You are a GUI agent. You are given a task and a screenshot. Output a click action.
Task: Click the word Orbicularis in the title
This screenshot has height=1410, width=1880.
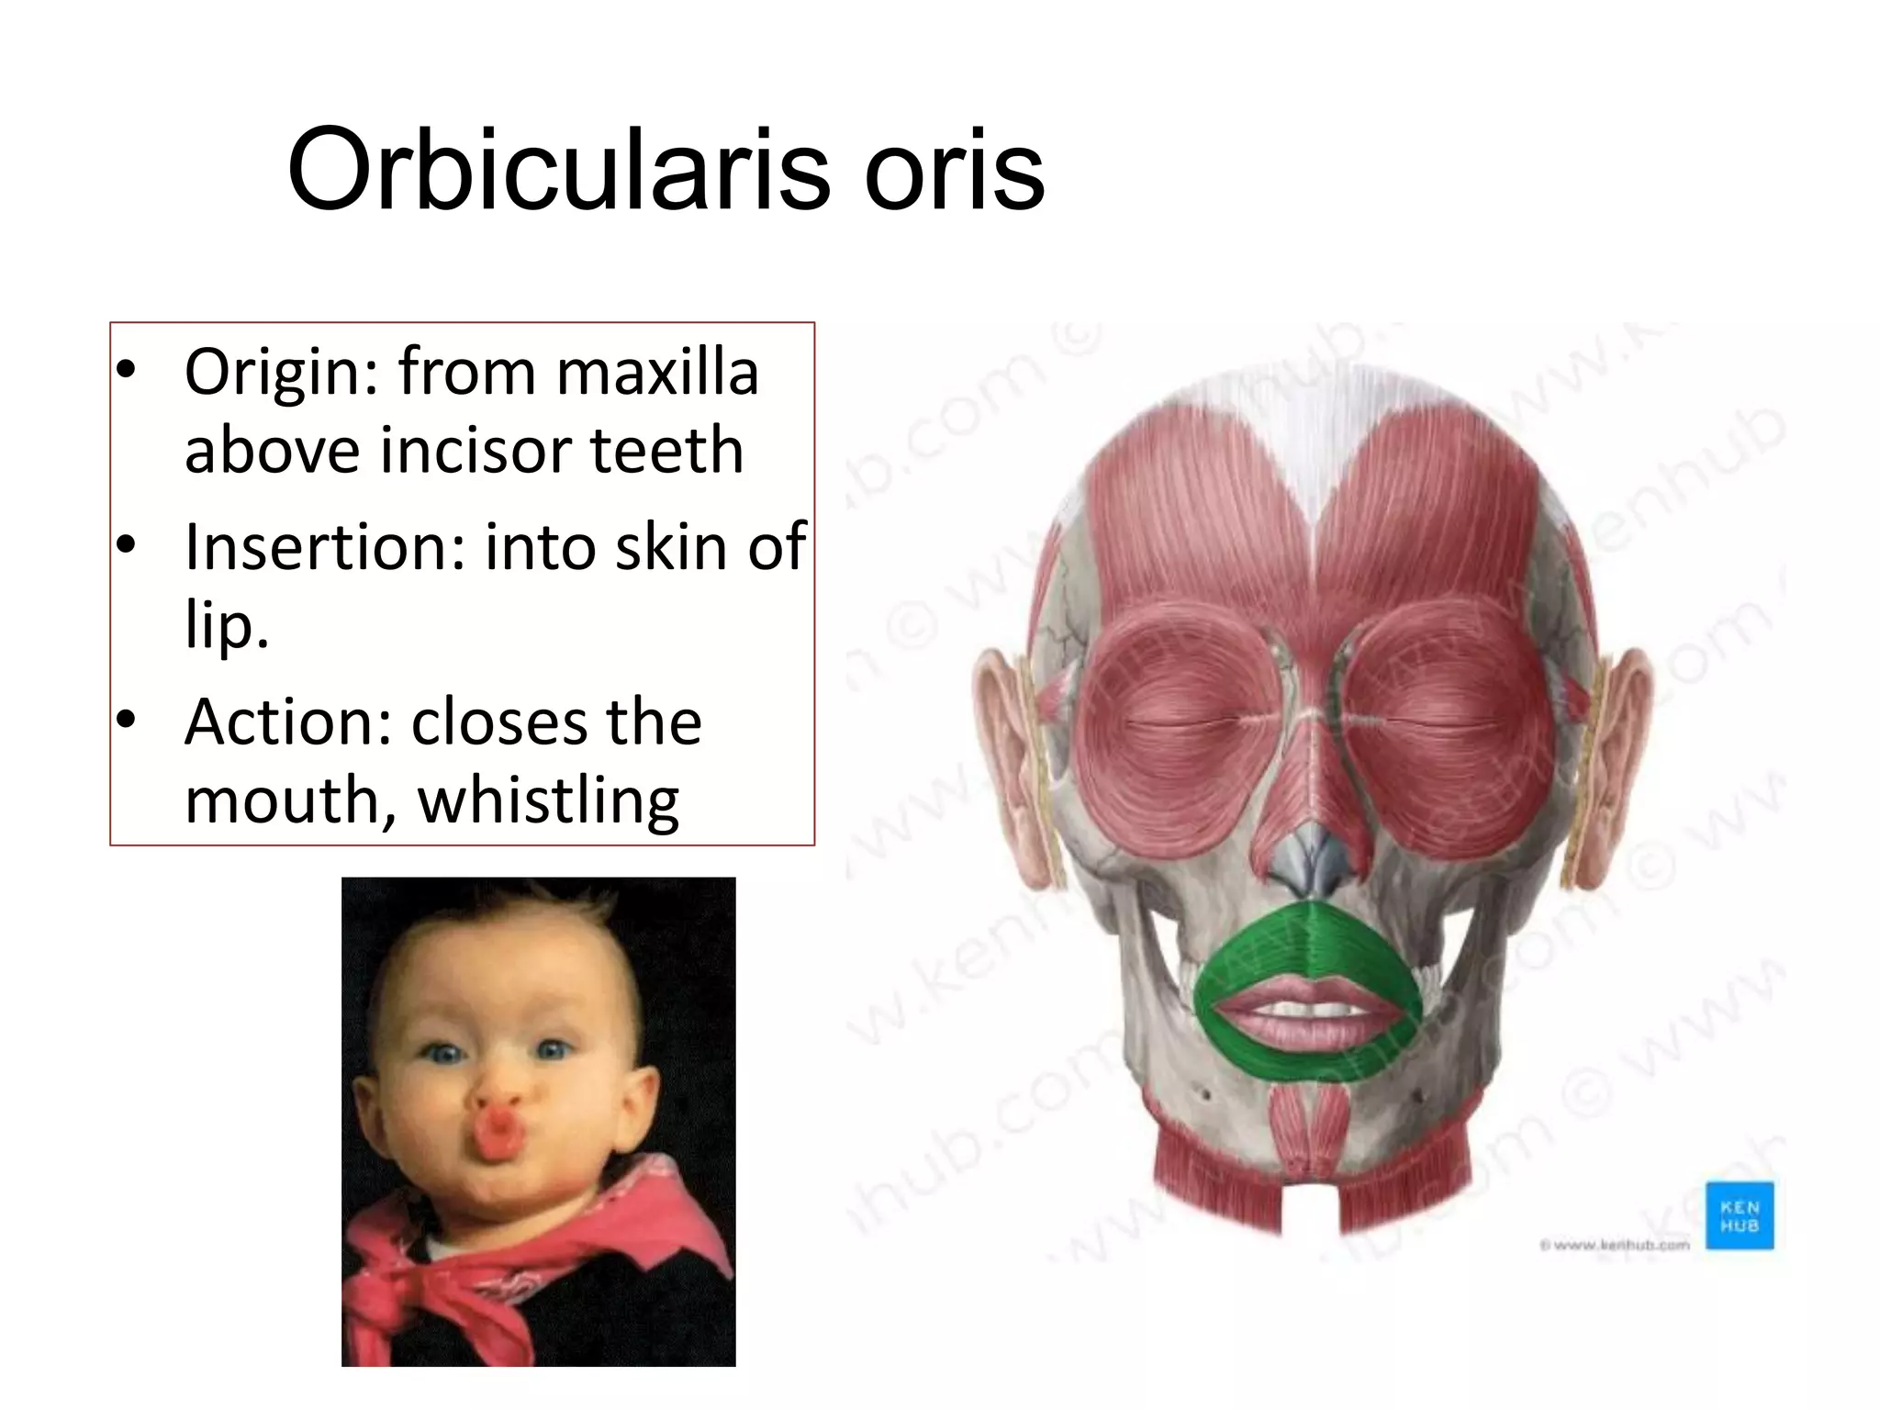click(559, 171)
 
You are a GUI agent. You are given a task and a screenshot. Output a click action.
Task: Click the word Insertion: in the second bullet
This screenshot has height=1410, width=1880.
click(326, 547)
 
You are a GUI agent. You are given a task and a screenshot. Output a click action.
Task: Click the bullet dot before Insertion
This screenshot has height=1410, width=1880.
click(126, 545)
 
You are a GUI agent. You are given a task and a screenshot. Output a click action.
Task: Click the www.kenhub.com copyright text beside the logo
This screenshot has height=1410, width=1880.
click(1616, 1245)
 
